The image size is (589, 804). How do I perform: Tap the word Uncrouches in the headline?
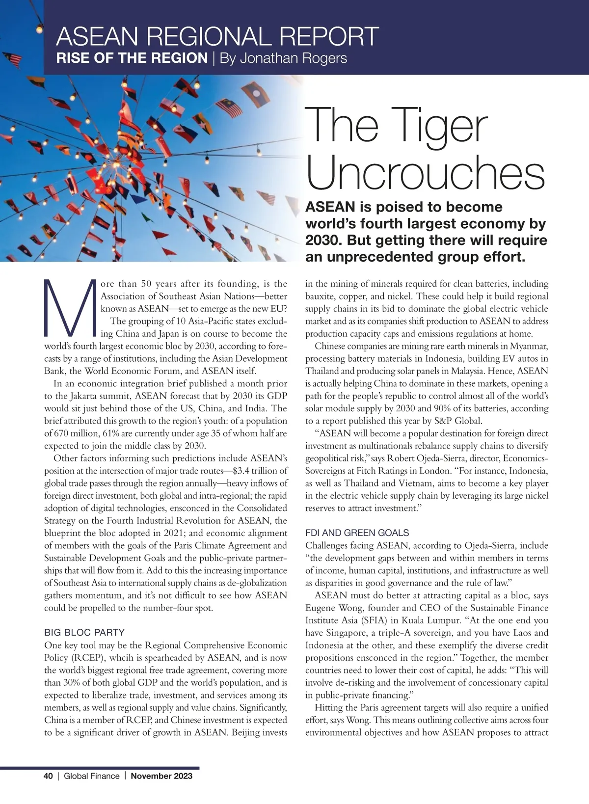pos(425,173)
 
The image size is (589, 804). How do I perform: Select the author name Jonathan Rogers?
pos(283,58)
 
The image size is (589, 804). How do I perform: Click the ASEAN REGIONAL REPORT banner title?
pos(217,37)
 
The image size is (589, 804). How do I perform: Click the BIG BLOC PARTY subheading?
pos(84,632)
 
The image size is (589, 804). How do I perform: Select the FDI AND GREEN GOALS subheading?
pos(357,533)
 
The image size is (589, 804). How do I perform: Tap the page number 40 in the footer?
pos(48,776)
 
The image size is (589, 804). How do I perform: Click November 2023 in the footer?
pos(161,776)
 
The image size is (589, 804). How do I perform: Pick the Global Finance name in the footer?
pos(92,776)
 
